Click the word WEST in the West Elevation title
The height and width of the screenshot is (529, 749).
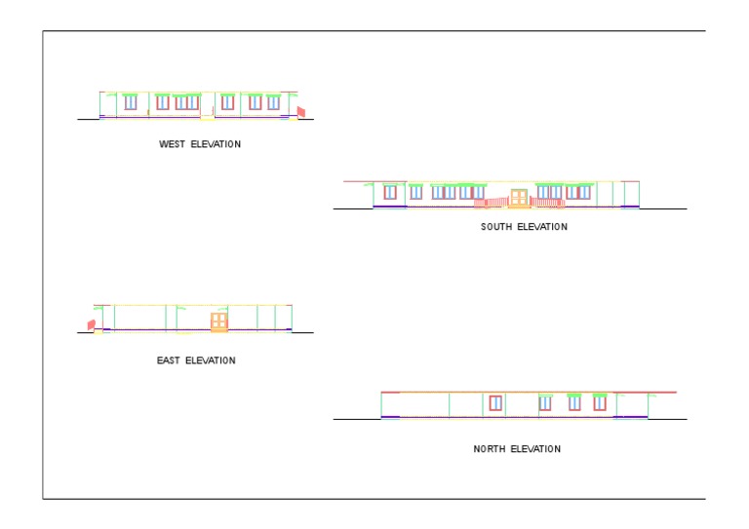pos(172,144)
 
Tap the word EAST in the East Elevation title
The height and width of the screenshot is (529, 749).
pos(169,360)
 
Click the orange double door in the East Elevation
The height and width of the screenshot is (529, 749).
pos(218,321)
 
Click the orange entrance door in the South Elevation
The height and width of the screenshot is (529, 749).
pos(519,198)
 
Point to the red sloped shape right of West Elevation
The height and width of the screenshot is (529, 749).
pos(301,112)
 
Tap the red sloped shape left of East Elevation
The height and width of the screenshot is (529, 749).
pos(91,323)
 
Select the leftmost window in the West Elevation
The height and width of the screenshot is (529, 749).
pos(130,101)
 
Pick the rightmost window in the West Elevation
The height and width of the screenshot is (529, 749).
pos(273,101)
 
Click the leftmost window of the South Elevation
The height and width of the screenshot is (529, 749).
pos(390,192)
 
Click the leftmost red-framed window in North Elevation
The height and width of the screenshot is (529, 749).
pos(495,402)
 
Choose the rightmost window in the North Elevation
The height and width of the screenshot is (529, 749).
pos(600,402)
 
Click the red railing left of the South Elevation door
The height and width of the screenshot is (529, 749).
pos(493,203)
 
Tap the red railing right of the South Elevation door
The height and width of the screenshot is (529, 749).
pos(546,203)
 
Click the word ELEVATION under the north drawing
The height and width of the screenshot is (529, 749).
pos(535,449)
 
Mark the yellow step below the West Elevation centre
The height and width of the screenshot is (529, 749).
pos(207,118)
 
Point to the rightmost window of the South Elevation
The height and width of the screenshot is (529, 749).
pos(583,192)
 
